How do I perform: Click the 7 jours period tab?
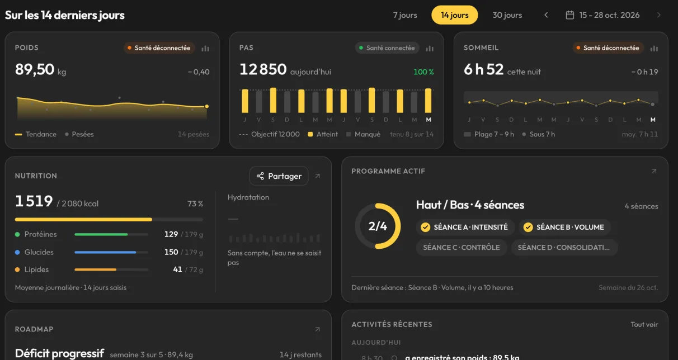(x=404, y=15)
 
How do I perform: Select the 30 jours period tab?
(x=507, y=15)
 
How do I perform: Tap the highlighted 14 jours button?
(x=454, y=15)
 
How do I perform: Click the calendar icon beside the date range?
(x=569, y=15)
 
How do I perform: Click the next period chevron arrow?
(x=658, y=15)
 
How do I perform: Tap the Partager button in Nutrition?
(x=279, y=176)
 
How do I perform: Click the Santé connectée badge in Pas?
(x=387, y=48)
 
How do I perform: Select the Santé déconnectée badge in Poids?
(x=159, y=48)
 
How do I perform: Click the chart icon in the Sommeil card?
(x=654, y=48)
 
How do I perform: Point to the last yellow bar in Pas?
(x=428, y=101)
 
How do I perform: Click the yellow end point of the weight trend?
(x=207, y=106)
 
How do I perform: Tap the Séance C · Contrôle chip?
(x=462, y=248)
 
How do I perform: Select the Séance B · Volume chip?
(x=565, y=227)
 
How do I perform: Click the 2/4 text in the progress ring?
(x=378, y=226)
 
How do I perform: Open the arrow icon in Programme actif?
(x=654, y=171)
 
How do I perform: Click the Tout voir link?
(x=644, y=324)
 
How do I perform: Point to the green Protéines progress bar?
(x=101, y=234)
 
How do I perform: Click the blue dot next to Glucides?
(x=17, y=252)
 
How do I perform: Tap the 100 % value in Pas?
(x=423, y=72)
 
